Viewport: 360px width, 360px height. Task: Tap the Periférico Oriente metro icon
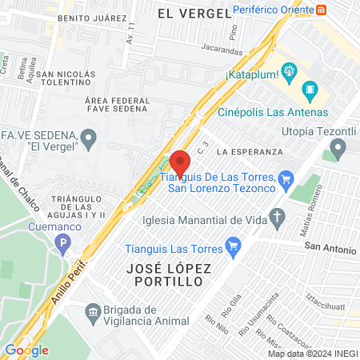pyautogui.click(x=321, y=10)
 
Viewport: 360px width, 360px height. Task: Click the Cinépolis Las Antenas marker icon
pyautogui.click(x=311, y=88)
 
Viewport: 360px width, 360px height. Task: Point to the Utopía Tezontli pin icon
pyautogui.click(x=338, y=147)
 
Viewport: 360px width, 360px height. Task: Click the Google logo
pyautogui.click(x=26, y=350)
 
